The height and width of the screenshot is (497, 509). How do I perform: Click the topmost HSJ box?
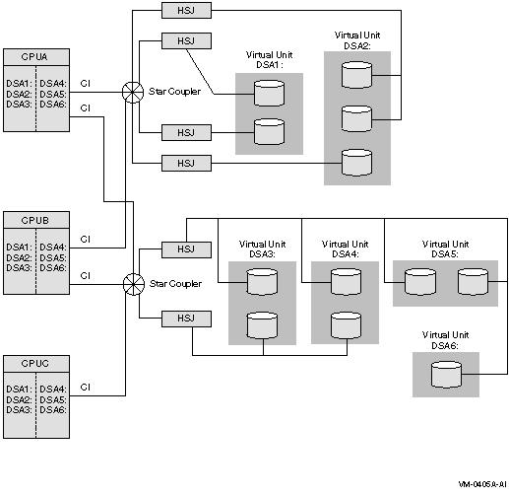click(186, 11)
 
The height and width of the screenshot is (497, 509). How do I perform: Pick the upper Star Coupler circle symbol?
click(133, 93)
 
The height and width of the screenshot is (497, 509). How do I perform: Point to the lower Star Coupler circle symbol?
click(134, 284)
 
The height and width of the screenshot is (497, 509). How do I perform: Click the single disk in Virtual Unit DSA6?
click(446, 374)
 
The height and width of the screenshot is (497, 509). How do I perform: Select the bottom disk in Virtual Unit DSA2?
click(356, 163)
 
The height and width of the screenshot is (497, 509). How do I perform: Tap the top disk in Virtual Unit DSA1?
click(269, 94)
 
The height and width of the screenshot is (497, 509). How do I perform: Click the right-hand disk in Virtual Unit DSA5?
click(473, 282)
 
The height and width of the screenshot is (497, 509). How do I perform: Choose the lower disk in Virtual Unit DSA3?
click(262, 325)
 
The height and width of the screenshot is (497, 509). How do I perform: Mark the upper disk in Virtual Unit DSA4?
click(346, 282)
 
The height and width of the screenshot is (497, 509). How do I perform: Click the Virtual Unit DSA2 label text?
click(357, 40)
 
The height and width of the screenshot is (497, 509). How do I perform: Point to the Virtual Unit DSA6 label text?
click(445, 340)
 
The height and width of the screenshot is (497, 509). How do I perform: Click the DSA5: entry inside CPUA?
click(53, 95)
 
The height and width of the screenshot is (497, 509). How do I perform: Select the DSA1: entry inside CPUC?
click(19, 390)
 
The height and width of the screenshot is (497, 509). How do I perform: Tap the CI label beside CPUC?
click(85, 388)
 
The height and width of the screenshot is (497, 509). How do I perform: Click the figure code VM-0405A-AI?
click(482, 484)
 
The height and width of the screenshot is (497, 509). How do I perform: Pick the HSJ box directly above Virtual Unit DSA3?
click(186, 249)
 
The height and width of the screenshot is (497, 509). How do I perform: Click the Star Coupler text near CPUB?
click(175, 284)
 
